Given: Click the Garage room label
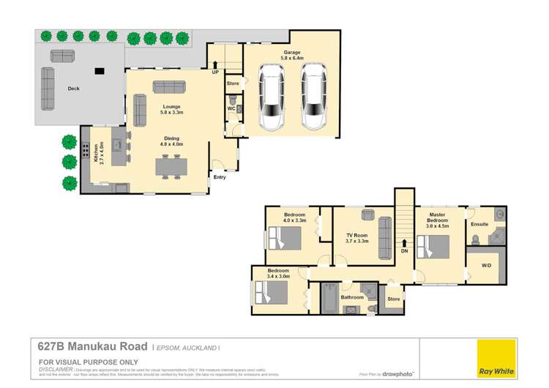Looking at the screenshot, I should [x=293, y=56].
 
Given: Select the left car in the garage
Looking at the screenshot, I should [x=272, y=97].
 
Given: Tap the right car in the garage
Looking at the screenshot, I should [x=314, y=97].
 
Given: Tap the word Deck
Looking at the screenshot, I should [x=73, y=89].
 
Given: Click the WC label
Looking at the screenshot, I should [x=231, y=109].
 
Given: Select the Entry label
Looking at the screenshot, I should [x=220, y=176].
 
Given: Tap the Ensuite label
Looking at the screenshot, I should [x=479, y=224].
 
